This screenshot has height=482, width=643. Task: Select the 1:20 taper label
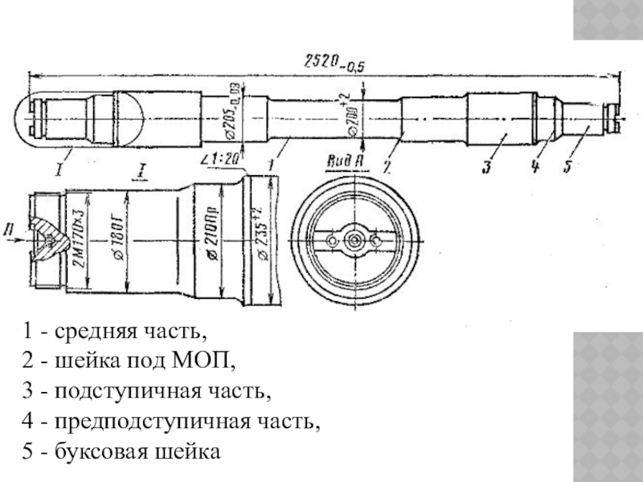221,160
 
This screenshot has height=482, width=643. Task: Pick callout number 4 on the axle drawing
532,167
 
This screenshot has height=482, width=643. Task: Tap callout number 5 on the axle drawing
568,167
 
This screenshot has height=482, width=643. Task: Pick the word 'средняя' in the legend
84,330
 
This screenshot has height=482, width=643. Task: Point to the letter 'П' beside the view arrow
9,229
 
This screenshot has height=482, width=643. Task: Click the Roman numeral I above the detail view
141,170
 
